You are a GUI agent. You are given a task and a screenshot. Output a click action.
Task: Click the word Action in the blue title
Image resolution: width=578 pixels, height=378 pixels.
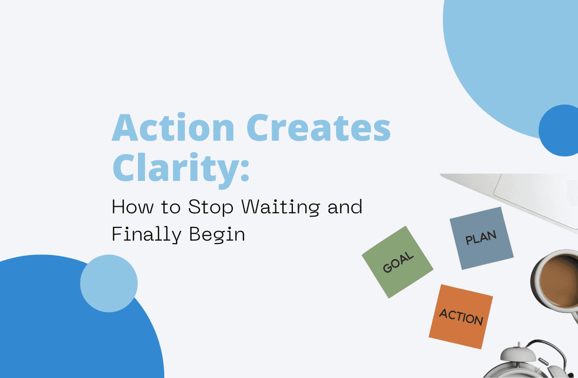173,128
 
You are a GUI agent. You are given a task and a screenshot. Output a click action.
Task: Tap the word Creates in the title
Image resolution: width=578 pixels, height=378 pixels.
319,128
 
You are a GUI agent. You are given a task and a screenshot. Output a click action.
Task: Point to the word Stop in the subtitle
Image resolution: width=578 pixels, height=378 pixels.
210,207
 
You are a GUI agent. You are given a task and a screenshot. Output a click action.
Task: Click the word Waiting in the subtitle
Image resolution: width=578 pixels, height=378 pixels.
281,207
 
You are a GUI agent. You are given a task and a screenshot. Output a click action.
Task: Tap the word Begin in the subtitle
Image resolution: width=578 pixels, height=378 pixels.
217,235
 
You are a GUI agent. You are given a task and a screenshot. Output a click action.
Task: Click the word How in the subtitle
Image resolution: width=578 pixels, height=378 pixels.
132,207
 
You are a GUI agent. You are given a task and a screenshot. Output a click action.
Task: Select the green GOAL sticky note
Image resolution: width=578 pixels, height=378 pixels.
397,262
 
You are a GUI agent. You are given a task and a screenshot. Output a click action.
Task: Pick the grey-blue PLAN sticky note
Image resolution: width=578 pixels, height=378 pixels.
481,238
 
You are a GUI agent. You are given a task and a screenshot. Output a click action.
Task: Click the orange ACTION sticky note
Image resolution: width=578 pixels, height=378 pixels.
461,317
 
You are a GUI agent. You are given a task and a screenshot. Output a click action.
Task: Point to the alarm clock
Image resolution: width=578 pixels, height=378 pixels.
530,363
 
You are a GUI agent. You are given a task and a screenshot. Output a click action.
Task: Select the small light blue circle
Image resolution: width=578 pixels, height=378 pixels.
109,283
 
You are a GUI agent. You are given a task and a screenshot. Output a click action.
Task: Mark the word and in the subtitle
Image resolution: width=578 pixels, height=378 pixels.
345,207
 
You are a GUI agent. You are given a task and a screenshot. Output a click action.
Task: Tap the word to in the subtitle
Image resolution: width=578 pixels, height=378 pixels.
171,207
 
